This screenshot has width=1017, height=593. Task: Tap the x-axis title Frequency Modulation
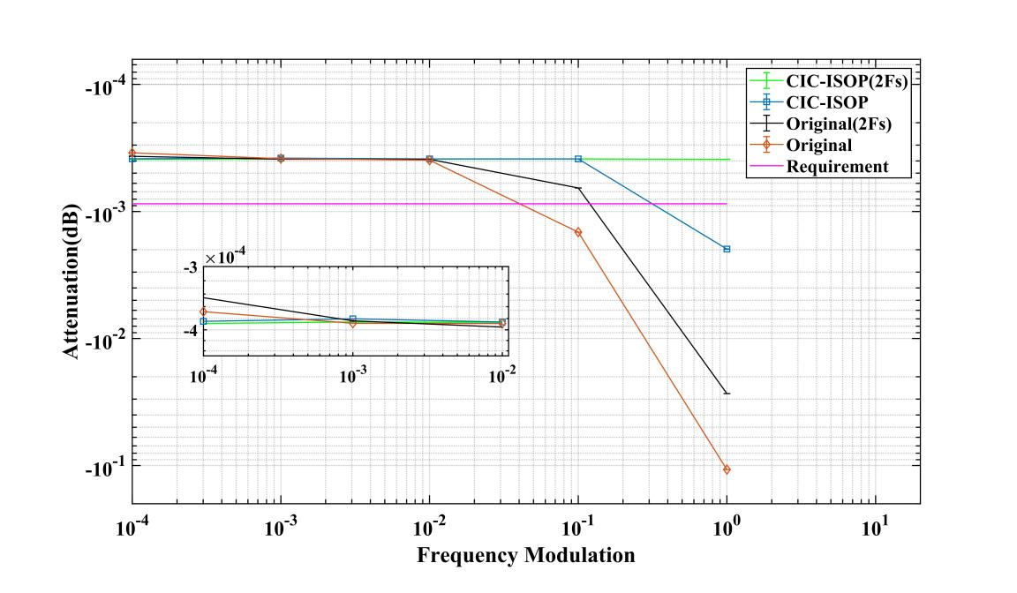pos(525,556)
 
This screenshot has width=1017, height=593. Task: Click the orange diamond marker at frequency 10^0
pos(727,469)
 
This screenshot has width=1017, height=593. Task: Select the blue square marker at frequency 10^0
pos(727,249)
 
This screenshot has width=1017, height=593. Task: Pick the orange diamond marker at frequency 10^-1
pos(578,232)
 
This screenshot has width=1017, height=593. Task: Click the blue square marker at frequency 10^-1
pos(578,159)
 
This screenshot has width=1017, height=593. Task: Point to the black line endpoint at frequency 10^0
pos(727,393)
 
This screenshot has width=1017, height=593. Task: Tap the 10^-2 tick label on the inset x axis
pos(502,373)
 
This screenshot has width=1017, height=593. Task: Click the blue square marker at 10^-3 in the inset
pos(353,319)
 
